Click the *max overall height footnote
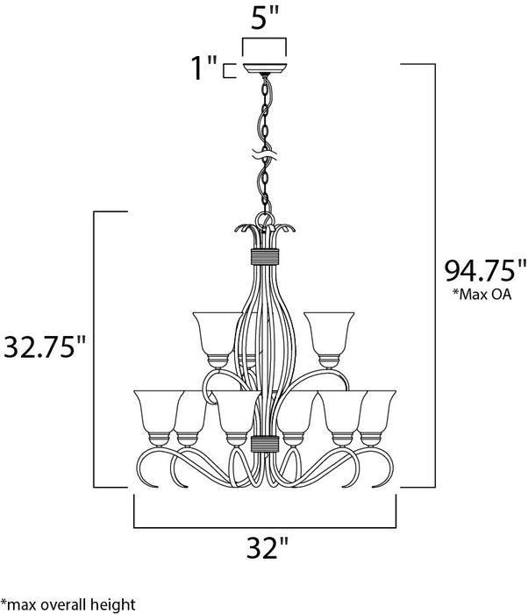tap(68, 603)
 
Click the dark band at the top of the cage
tap(263, 256)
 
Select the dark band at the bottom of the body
tap(263, 442)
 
